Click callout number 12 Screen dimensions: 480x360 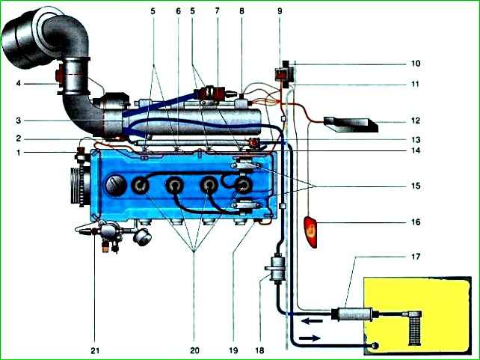click(x=415, y=120)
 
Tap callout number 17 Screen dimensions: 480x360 click(x=415, y=256)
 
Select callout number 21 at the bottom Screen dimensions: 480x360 click(x=95, y=350)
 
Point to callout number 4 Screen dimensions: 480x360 click(x=19, y=83)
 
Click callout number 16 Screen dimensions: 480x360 click(x=415, y=222)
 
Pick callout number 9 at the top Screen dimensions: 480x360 click(x=280, y=11)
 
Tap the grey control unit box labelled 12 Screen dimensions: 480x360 click(x=351, y=124)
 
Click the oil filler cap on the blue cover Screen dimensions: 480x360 click(x=116, y=186)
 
